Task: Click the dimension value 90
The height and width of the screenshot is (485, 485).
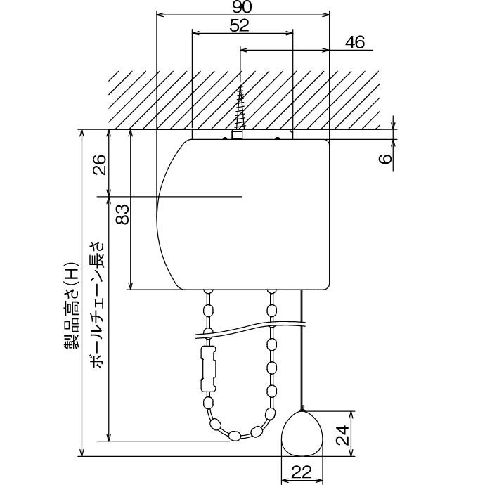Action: (x=242, y=6)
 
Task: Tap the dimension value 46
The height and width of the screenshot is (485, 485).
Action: (x=356, y=42)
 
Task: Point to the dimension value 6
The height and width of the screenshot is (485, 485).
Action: (x=384, y=159)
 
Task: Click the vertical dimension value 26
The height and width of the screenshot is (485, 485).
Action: (x=99, y=165)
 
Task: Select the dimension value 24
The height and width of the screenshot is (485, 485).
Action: (x=342, y=436)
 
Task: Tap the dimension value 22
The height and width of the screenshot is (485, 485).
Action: (x=302, y=473)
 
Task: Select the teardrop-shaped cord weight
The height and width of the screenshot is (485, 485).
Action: (x=302, y=434)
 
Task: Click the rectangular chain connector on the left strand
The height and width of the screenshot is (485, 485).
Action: (x=208, y=368)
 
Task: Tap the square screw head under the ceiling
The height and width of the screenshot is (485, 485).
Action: (x=237, y=134)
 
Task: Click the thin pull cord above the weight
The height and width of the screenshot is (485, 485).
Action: (x=302, y=351)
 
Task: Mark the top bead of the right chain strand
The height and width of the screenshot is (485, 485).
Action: (x=271, y=295)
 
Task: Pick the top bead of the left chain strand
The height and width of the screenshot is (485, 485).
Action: (x=208, y=295)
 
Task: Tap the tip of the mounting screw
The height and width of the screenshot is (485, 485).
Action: (x=241, y=86)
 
